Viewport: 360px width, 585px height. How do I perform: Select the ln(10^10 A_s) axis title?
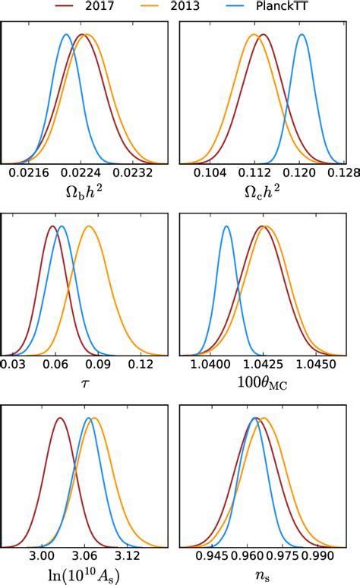(84, 576)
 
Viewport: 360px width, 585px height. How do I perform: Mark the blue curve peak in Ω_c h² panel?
(302, 34)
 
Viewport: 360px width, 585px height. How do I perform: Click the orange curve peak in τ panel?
(89, 226)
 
